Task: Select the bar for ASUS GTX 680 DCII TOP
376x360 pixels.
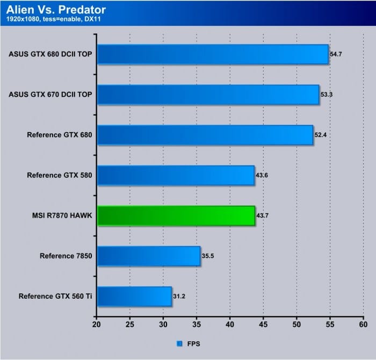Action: [x=213, y=54]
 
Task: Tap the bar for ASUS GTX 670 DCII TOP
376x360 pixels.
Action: [x=208, y=95]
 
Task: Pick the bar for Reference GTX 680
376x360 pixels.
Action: [x=205, y=135]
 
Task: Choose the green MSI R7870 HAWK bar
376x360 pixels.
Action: [x=176, y=215]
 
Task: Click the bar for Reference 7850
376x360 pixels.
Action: [x=149, y=256]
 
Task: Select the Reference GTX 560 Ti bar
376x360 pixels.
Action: [x=134, y=296]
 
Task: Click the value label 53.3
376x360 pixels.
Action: [x=327, y=95]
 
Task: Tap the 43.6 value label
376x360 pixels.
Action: [x=262, y=175]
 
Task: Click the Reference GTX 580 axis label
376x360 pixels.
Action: [x=59, y=175]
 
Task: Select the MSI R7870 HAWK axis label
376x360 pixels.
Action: [x=62, y=215]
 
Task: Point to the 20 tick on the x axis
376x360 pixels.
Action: [x=97, y=325]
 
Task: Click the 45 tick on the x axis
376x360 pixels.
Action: [x=263, y=325]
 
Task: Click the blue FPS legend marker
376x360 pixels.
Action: [x=179, y=342]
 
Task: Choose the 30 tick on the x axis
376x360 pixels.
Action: [x=163, y=325]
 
